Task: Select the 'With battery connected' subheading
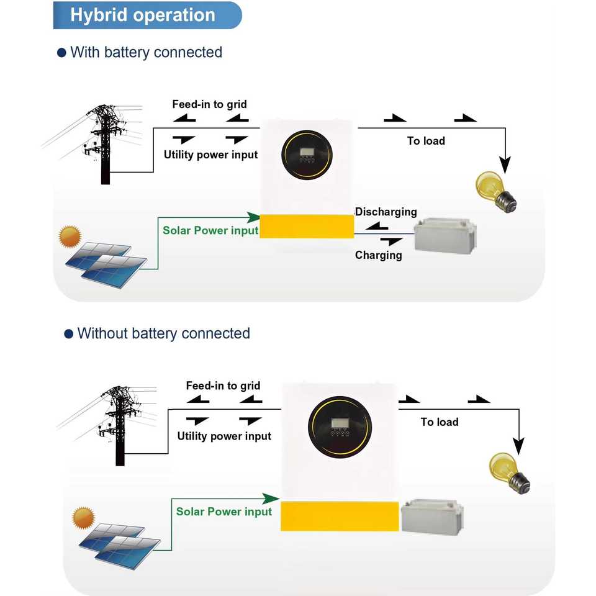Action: point(145,52)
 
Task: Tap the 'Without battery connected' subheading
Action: point(163,333)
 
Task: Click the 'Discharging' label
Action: point(386,212)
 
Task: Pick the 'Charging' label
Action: point(378,255)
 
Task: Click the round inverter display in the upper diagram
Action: point(305,156)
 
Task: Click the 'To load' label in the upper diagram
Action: point(426,141)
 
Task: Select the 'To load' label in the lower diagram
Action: point(440,422)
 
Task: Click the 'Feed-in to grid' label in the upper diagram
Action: point(209,104)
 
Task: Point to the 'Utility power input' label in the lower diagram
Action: point(224,436)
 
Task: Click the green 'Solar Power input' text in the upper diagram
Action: point(210,230)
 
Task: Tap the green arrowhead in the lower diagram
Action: point(270,499)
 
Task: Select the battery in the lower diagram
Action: point(431,517)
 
